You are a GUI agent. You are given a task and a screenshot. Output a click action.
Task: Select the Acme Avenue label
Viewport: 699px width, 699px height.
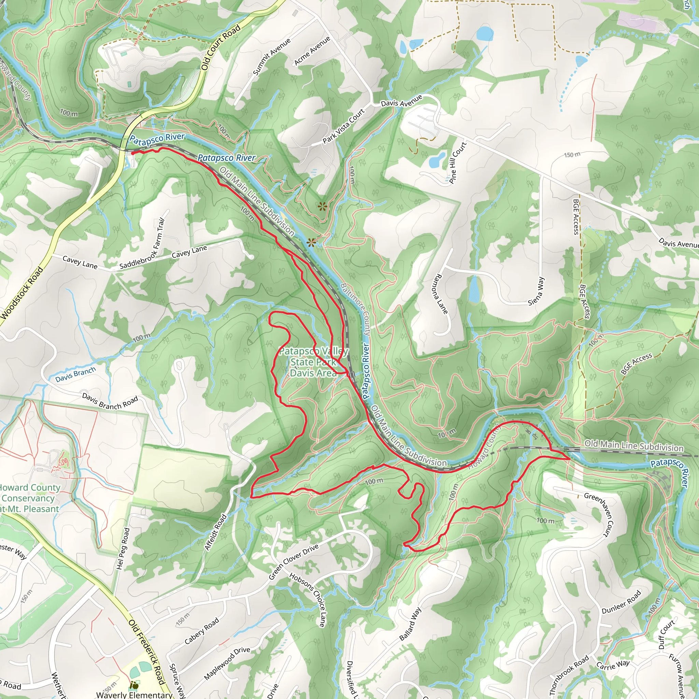(x=312, y=51)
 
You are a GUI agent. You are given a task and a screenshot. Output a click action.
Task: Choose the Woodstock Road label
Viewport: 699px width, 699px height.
(x=22, y=294)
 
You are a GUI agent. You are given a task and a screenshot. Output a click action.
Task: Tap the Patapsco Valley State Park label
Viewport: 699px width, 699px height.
(x=313, y=362)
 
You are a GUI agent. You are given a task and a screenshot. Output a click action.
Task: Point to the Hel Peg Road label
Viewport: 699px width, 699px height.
(x=123, y=548)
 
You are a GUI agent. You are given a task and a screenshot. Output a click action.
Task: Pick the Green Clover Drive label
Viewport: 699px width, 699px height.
(x=294, y=561)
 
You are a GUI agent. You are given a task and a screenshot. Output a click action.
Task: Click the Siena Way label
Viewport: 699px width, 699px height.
(x=536, y=291)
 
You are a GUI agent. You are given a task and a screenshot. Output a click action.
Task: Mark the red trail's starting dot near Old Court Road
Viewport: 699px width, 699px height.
(x=133, y=153)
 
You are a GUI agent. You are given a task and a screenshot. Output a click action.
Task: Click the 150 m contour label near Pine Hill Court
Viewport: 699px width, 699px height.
(x=572, y=155)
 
